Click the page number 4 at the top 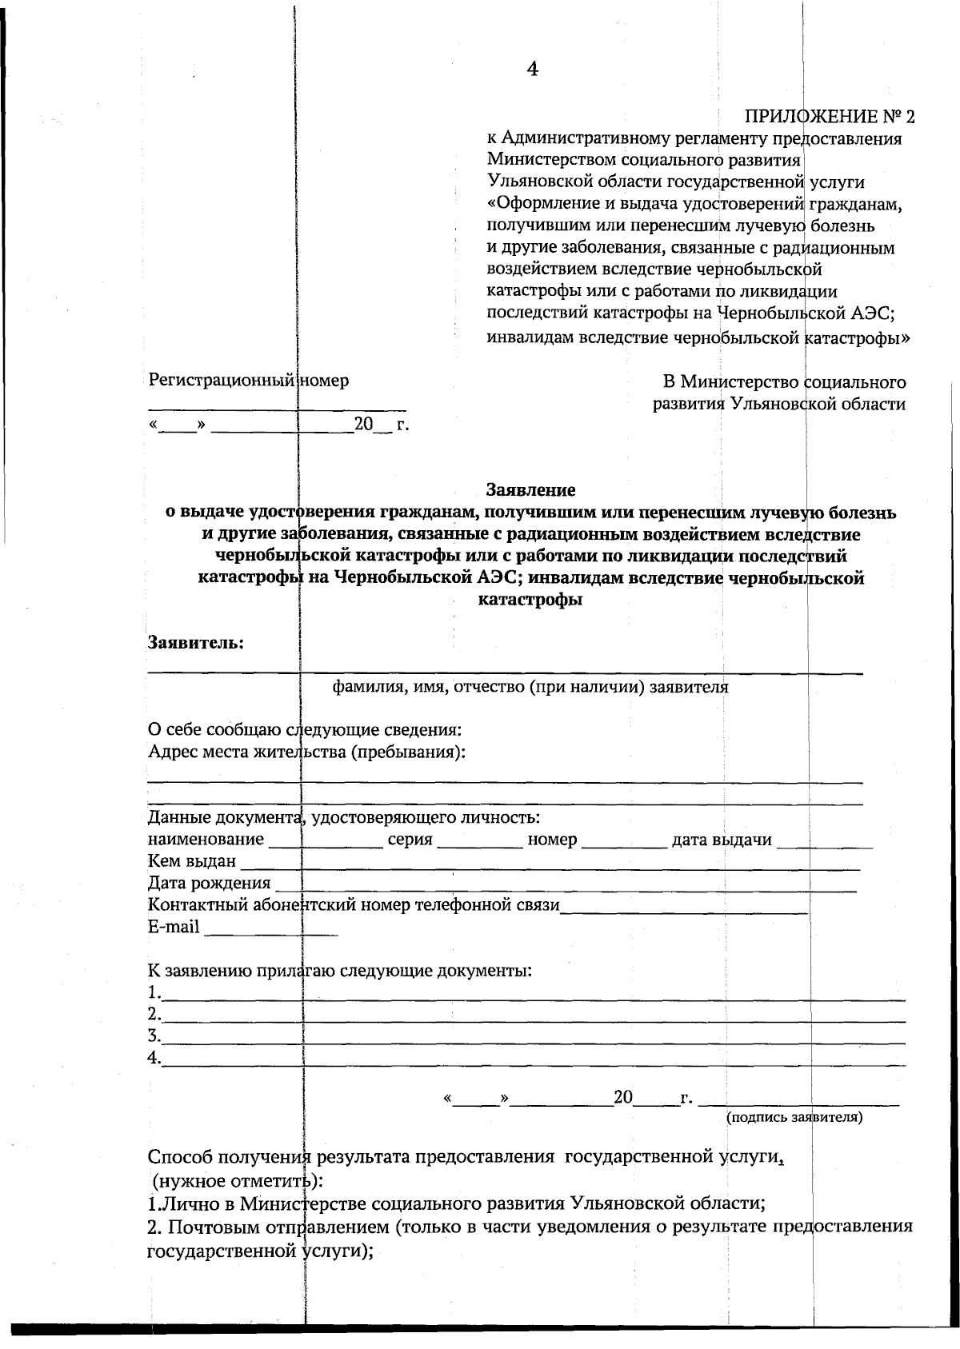pos(533,70)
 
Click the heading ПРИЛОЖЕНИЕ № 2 pos(829,117)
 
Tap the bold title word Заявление pos(531,489)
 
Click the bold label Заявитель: pos(197,642)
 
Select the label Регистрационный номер pos(249,381)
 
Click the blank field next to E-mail pos(272,929)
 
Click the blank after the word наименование pos(326,842)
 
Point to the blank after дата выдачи pos(824,842)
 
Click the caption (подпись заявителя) pos(794,1117)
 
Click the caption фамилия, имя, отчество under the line pos(530,687)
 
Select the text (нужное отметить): pos(238,1180)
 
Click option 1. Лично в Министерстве pos(458,1203)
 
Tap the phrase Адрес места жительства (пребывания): pos(307,752)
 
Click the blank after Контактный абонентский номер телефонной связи pos(684,908)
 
